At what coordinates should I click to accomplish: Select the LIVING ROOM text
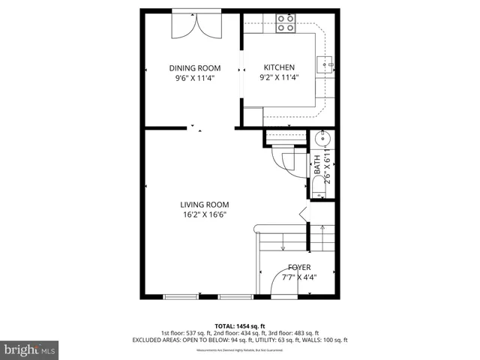(x=204, y=204)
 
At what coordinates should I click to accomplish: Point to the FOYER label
(x=299, y=267)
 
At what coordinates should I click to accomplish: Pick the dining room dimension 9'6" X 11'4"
(x=193, y=77)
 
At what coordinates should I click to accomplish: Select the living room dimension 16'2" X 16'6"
(x=204, y=214)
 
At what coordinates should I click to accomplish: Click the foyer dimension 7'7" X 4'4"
(x=299, y=277)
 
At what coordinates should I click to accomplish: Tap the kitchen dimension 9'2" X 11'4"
(x=279, y=77)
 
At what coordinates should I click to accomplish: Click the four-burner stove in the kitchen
(x=286, y=22)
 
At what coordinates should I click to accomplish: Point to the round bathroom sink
(x=324, y=139)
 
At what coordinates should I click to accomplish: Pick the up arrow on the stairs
(x=314, y=241)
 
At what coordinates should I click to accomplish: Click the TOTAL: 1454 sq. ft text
(x=240, y=326)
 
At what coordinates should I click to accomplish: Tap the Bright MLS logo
(x=30, y=349)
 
